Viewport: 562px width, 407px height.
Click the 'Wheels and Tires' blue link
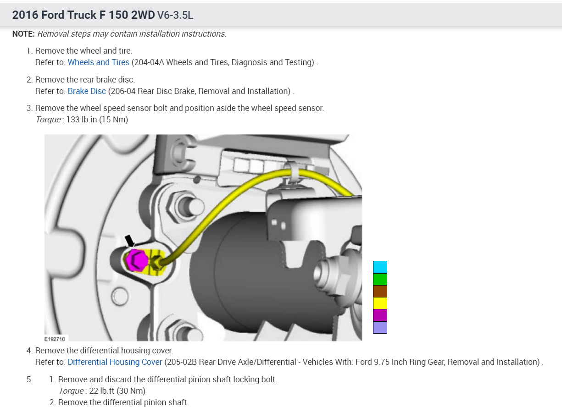[98, 62]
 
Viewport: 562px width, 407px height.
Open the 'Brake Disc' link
[87, 91]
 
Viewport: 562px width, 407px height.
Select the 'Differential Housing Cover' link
[115, 362]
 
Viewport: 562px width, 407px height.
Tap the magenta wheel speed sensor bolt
[136, 260]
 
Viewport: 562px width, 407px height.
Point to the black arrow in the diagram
[130, 241]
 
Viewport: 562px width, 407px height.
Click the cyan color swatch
[380, 267]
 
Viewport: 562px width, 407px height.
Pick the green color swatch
[380, 279]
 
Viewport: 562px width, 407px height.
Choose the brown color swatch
[380, 291]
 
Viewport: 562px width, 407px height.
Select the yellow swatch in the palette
[380, 303]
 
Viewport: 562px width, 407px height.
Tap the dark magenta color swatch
[380, 315]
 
